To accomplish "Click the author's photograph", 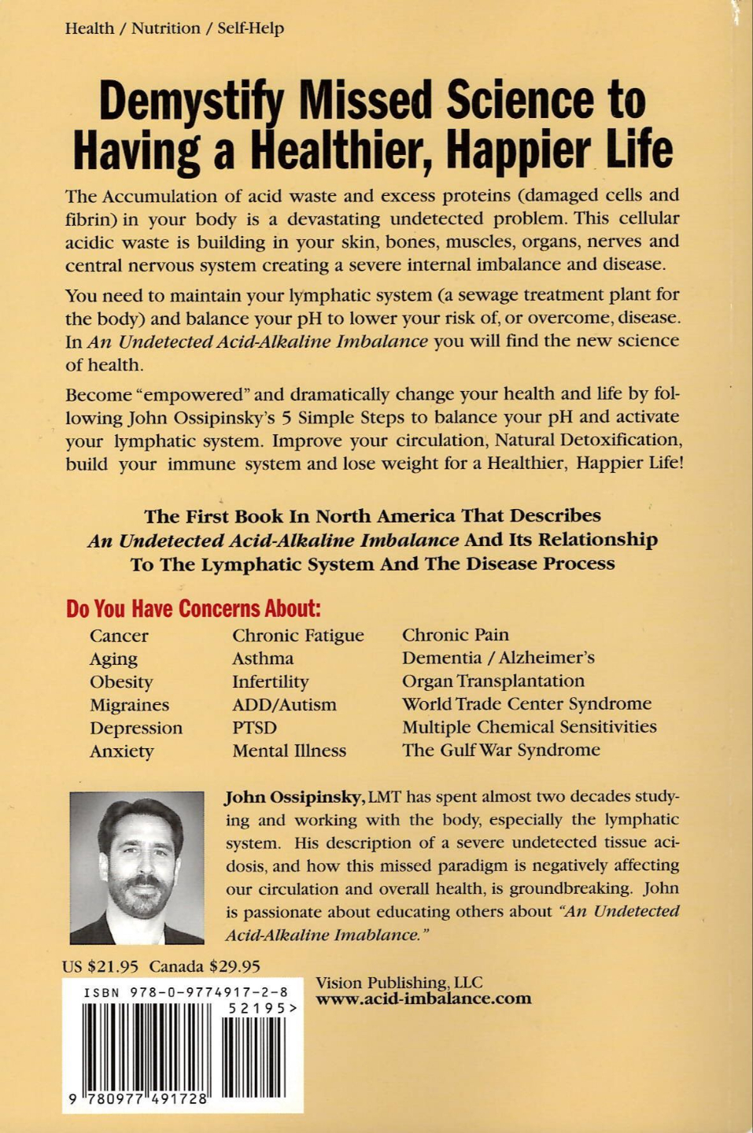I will tap(137, 867).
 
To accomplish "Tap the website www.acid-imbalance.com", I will tap(423, 999).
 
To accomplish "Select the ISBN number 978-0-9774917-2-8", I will tap(186, 992).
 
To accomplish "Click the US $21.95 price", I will tap(100, 965).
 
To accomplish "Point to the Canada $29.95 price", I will tap(205, 965).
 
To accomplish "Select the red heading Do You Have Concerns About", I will tap(194, 608).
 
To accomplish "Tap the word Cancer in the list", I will tap(119, 636).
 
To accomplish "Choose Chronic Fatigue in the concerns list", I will tap(297, 635).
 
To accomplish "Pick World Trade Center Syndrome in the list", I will tap(526, 703).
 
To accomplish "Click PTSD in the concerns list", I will tap(254, 728).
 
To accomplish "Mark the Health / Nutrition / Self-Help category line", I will tap(174, 28).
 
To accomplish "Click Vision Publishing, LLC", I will tap(399, 982).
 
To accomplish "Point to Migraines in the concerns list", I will tap(129, 705).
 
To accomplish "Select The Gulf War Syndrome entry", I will tap(500, 750).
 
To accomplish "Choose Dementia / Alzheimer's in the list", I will tap(498, 658).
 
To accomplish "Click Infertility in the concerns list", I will tap(270, 681).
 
